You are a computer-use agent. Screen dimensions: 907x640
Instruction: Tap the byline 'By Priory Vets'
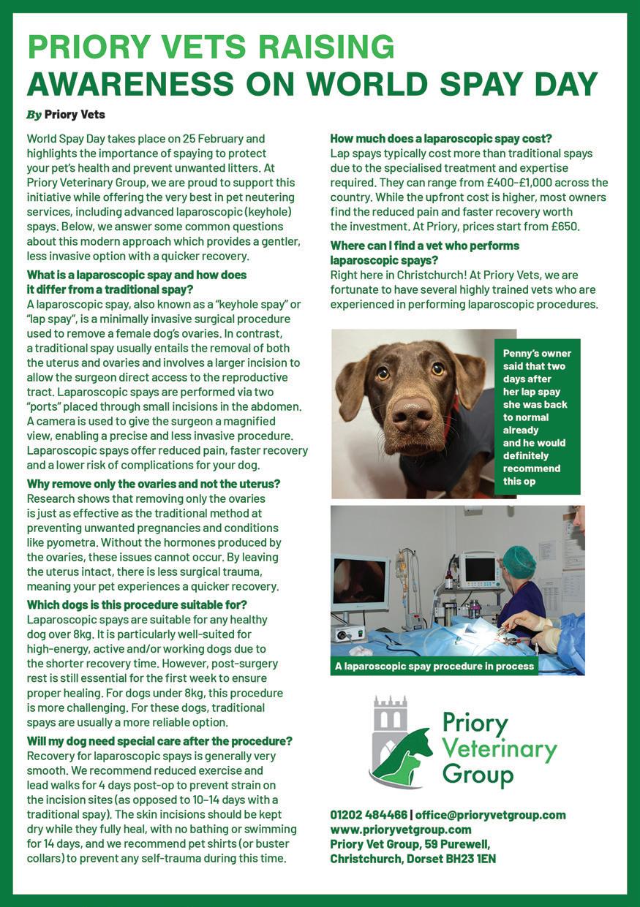pos(67,115)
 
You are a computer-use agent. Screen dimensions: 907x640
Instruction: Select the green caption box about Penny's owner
pos(537,416)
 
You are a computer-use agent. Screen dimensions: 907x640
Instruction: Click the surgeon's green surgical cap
pos(520,561)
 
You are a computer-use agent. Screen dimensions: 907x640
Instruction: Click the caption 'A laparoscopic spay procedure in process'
pos(434,666)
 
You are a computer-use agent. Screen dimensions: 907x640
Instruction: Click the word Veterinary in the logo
pos(500,750)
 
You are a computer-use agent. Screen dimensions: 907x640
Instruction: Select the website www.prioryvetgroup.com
pos(400,830)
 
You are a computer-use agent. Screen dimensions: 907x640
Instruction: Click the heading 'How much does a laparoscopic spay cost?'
pos(440,138)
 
